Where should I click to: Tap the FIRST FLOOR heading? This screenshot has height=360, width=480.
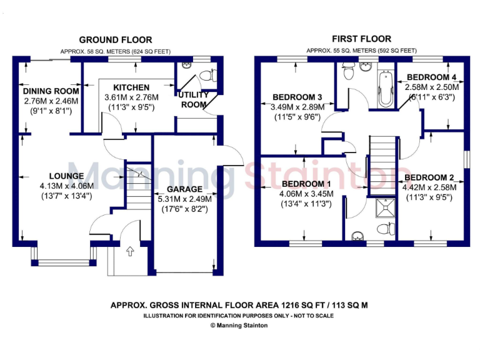(361, 39)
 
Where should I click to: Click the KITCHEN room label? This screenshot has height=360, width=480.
(131, 87)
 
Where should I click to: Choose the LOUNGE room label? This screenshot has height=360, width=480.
(66, 176)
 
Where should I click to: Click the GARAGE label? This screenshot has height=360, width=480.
(184, 189)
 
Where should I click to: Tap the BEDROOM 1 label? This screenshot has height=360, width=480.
(307, 184)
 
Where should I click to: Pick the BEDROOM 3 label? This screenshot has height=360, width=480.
(297, 97)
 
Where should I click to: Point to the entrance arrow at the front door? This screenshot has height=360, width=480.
(130, 252)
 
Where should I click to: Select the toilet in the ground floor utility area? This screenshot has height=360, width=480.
(209, 76)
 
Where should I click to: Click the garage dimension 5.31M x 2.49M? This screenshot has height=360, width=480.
(184, 199)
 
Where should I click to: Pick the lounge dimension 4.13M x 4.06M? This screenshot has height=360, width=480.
(66, 186)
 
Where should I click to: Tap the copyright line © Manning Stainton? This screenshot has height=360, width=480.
(239, 325)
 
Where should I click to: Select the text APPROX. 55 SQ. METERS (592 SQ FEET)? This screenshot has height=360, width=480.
(361, 51)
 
